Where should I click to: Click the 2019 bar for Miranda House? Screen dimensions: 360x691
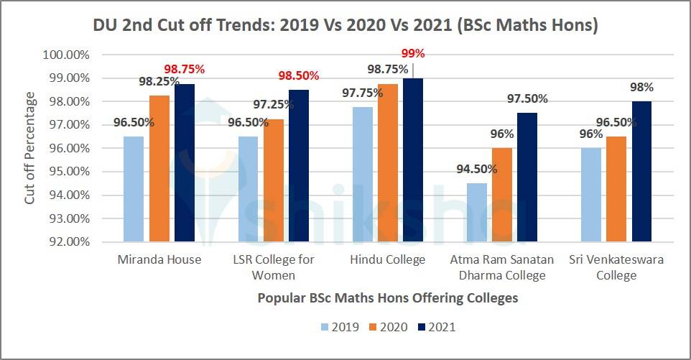point(134,189)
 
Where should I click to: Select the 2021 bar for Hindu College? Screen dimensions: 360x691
point(413,160)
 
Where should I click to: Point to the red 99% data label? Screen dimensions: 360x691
point(413,53)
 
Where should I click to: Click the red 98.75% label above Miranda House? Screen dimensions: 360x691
point(185,69)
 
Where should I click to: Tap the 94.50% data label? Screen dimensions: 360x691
point(476,169)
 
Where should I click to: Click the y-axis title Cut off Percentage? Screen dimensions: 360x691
point(29,147)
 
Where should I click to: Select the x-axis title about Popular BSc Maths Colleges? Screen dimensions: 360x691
point(388,297)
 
